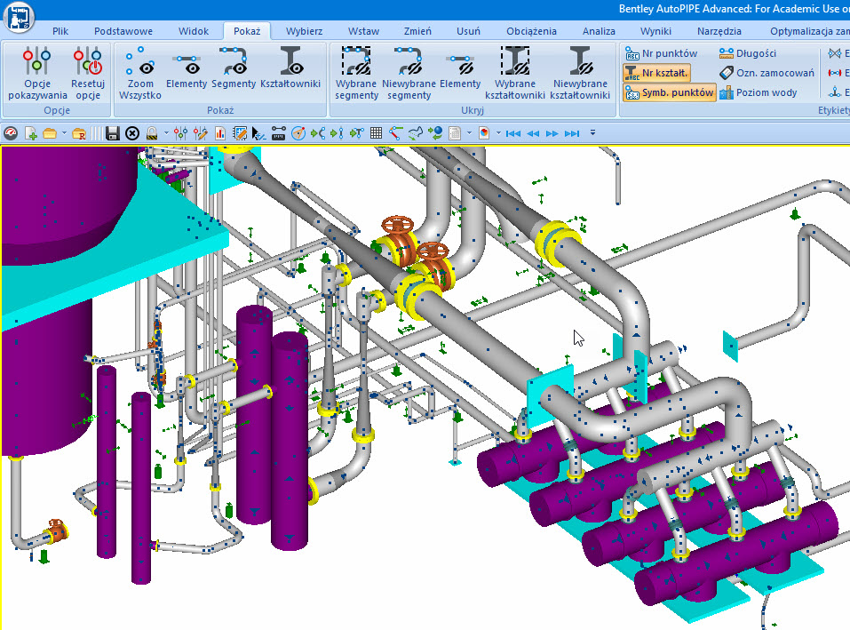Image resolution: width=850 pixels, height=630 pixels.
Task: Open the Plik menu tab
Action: pyautogui.click(x=60, y=31)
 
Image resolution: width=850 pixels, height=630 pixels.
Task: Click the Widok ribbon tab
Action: pyautogui.click(x=194, y=31)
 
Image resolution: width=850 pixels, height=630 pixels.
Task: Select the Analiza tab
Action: pyautogui.click(x=599, y=31)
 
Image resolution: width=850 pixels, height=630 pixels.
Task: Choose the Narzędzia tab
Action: pyautogui.click(x=719, y=31)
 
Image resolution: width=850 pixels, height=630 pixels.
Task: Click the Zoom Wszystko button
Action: pyautogui.click(x=139, y=74)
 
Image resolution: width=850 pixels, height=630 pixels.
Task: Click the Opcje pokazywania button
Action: pyautogui.click(x=37, y=74)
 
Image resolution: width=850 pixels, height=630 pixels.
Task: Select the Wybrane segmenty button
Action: pyautogui.click(x=356, y=74)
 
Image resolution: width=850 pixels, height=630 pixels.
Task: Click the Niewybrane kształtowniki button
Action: pyautogui.click(x=579, y=74)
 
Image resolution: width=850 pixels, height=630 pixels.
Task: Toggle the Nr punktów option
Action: pyautogui.click(x=662, y=53)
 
